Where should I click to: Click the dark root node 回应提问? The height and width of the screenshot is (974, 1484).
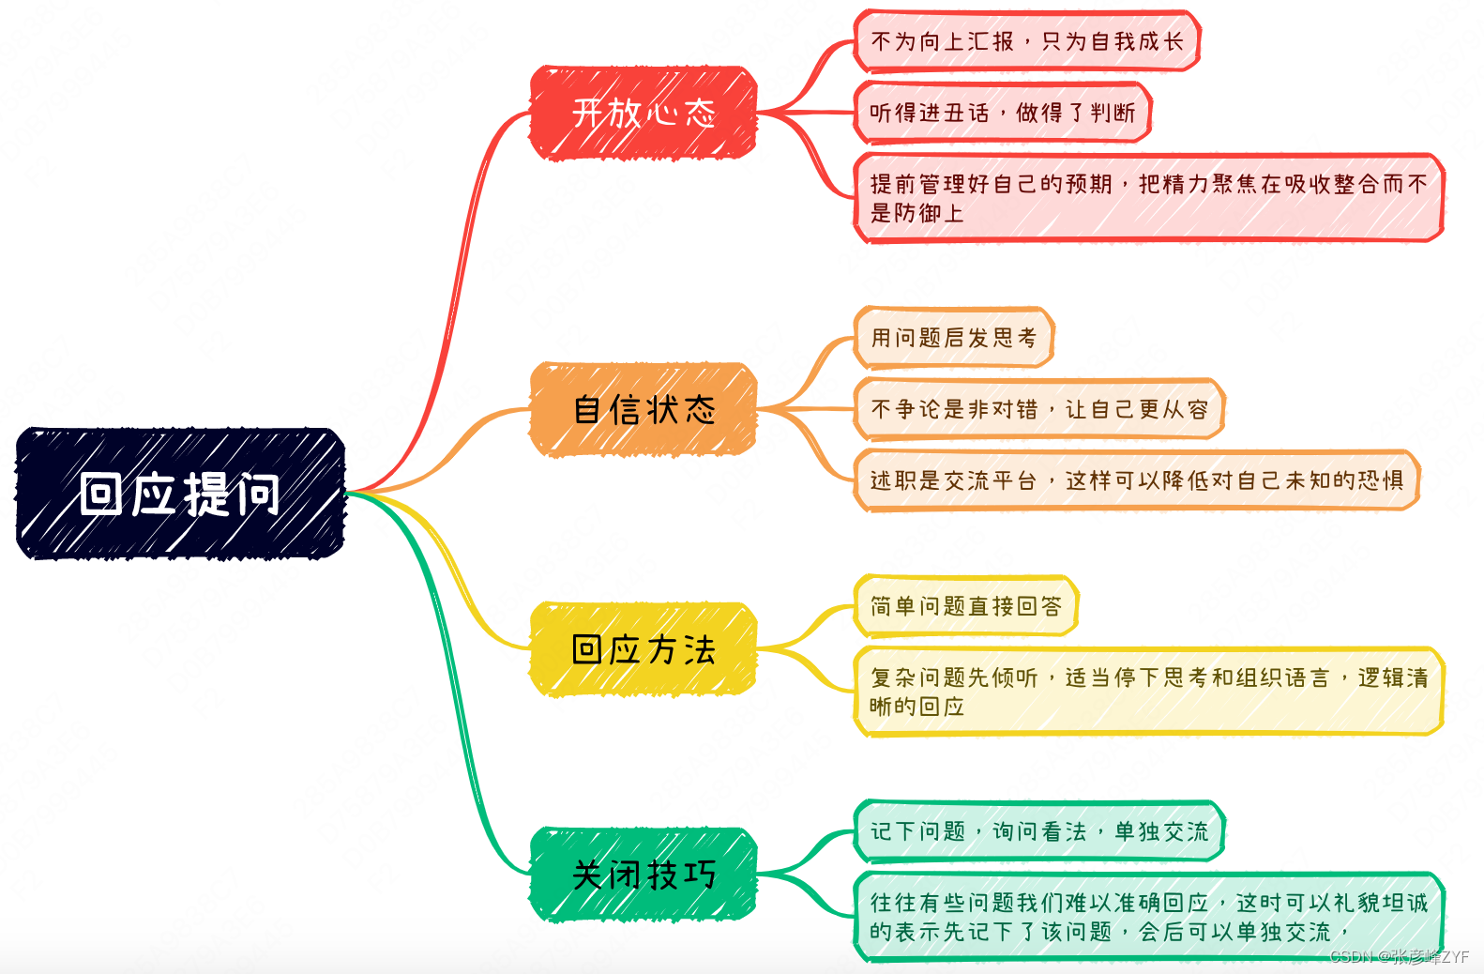click(x=180, y=494)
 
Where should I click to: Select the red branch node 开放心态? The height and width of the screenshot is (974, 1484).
click(x=644, y=113)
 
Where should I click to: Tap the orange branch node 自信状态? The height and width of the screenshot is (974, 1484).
click(x=644, y=409)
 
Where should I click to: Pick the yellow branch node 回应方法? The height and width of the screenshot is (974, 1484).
click(x=644, y=649)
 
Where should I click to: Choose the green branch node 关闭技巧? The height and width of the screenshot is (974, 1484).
click(x=644, y=875)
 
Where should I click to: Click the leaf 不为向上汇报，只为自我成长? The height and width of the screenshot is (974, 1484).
click(x=1026, y=41)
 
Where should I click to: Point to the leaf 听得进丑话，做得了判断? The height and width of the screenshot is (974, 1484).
click(x=1002, y=113)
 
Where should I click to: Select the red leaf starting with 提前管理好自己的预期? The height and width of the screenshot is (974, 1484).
click(x=1148, y=198)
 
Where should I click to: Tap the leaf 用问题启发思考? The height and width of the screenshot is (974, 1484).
click(x=953, y=338)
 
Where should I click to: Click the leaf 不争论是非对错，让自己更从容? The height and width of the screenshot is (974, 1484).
click(x=1038, y=409)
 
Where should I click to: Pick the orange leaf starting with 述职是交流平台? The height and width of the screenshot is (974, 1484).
click(x=1136, y=480)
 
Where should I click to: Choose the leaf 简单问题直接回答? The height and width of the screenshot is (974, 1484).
click(x=965, y=606)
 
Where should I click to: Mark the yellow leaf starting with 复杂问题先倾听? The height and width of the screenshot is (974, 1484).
click(x=1148, y=692)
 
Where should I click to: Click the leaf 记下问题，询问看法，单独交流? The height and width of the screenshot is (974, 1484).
click(x=1038, y=831)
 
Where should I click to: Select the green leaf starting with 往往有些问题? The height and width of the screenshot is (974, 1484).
click(x=1148, y=917)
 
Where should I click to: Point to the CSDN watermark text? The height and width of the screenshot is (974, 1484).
click(x=1399, y=957)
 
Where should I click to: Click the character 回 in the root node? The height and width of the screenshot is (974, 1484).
click(x=100, y=494)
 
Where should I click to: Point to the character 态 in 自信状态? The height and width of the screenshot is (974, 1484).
click(x=699, y=409)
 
